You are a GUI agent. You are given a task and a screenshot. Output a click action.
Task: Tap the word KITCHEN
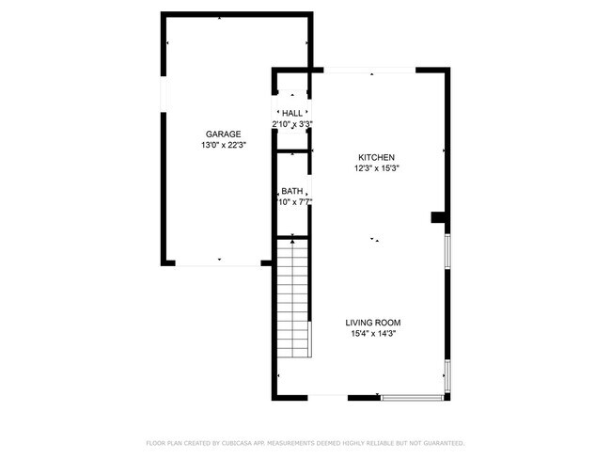tap(376, 157)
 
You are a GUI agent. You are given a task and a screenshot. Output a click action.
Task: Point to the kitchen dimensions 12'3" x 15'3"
tap(376, 168)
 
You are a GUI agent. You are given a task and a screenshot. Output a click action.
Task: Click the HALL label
tap(292, 113)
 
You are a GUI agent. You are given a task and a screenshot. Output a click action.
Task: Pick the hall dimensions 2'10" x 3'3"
tap(292, 124)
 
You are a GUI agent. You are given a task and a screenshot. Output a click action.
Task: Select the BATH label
tap(291, 191)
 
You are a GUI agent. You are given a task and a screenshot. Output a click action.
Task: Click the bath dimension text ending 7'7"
tap(293, 202)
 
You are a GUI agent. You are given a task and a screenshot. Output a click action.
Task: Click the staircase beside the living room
tap(294, 299)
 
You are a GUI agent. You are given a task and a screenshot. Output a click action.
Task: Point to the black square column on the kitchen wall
tap(437, 217)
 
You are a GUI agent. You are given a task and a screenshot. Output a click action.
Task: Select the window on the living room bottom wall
tap(414, 397)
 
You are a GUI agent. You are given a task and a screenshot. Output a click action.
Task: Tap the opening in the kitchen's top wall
tap(370, 71)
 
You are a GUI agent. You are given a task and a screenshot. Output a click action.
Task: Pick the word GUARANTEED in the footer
tap(442, 443)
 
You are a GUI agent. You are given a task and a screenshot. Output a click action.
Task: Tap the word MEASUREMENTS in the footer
tap(305, 443)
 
